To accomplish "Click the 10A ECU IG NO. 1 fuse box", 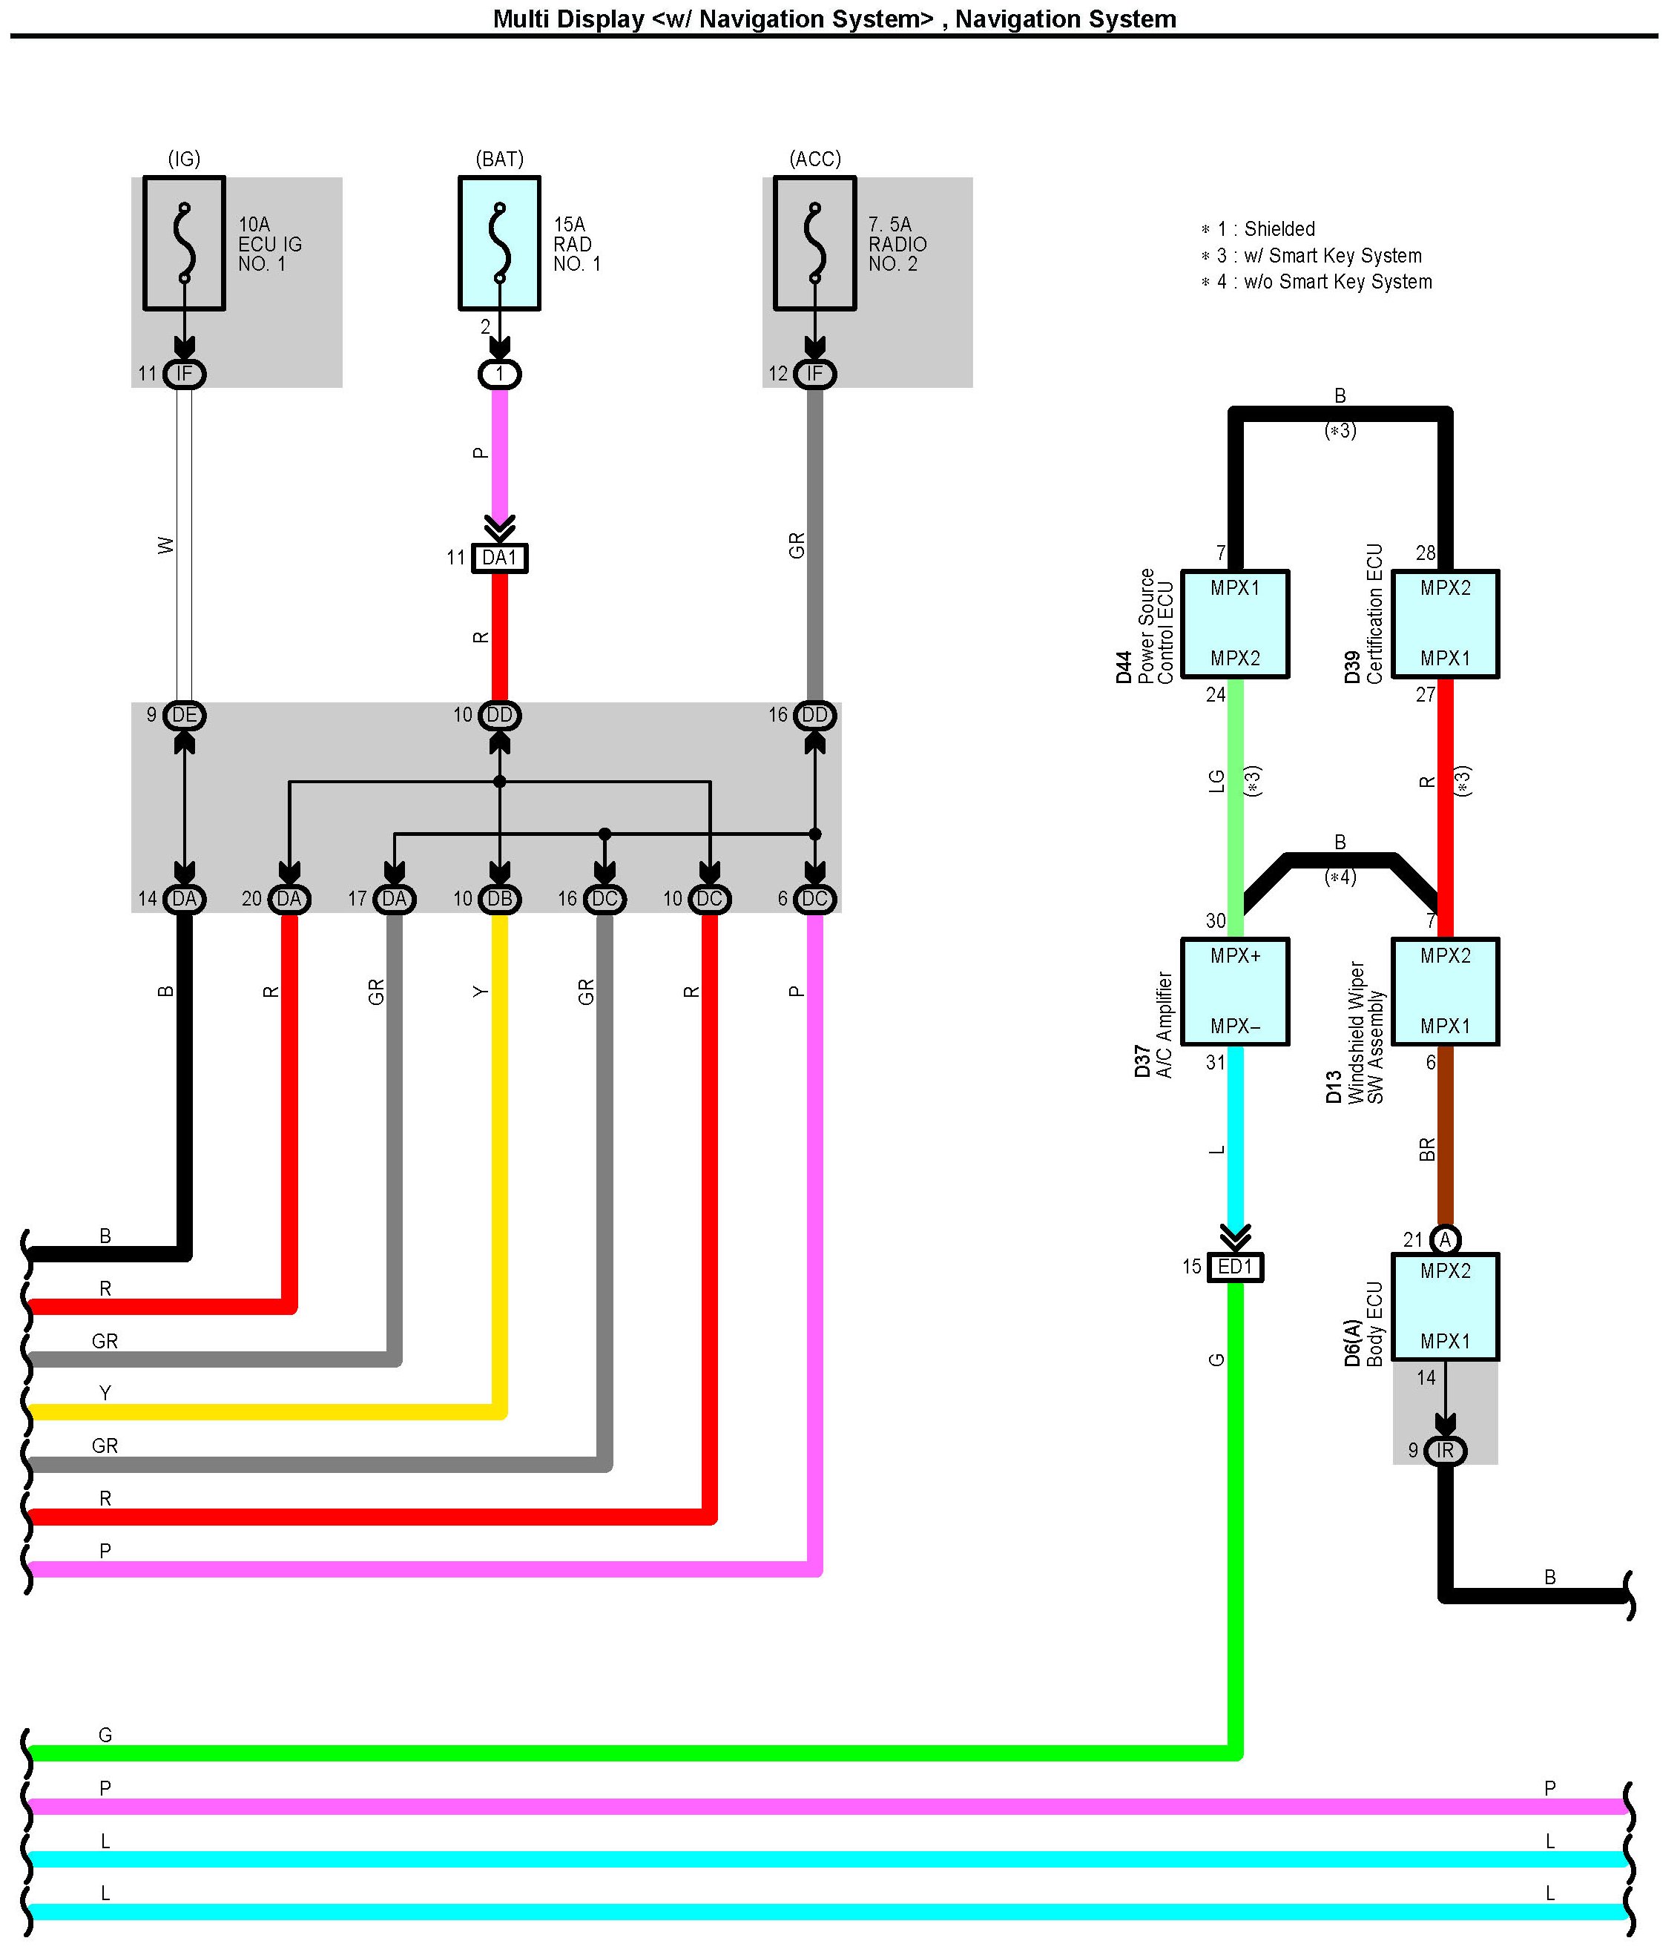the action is coord(184,243).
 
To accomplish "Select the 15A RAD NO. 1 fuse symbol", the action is coord(500,243).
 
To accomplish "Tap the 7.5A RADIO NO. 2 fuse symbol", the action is coord(814,243).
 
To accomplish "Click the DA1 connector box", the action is coord(500,558).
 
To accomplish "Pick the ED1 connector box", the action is coord(1235,1266).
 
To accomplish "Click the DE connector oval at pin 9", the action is coord(184,716).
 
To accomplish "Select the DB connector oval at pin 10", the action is coord(500,899).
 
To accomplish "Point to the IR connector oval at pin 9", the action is coord(1446,1451).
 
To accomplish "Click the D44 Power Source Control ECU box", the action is coord(1235,624).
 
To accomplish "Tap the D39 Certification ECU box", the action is coord(1446,624).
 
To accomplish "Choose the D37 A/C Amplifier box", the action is coord(1235,992).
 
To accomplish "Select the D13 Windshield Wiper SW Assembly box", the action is coord(1446,992).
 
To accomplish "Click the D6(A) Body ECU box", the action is coord(1446,1307).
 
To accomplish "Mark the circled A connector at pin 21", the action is coord(1446,1239).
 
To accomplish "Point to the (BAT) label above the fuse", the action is coord(500,159).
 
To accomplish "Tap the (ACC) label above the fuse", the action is coord(814,159).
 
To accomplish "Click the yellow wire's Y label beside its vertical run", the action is coord(481,992).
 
